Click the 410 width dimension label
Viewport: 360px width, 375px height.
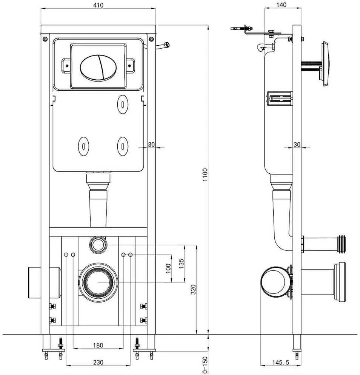tap(98, 5)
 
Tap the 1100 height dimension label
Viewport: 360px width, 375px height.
tap(205, 174)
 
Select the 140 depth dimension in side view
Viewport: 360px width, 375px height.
tap(281, 5)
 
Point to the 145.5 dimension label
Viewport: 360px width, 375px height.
tap(281, 362)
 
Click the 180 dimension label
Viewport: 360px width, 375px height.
tap(98, 345)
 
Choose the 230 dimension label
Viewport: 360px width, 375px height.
tap(98, 362)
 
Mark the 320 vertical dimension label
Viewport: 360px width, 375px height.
tap(193, 289)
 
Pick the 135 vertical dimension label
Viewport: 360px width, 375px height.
tap(182, 264)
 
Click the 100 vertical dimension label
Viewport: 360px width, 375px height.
tap(168, 269)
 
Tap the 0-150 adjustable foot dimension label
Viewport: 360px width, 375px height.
tap(205, 365)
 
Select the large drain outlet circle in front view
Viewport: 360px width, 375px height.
tap(98, 282)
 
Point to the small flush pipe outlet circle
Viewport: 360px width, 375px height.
tap(98, 245)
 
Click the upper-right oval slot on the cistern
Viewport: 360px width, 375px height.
tap(123, 104)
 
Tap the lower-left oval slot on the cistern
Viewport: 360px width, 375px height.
tap(84, 146)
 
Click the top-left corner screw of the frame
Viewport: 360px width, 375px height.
tap(45, 39)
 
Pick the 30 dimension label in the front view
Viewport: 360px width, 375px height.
tap(151, 145)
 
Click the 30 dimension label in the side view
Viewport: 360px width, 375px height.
tap(297, 145)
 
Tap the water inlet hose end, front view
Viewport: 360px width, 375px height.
tap(167, 45)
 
